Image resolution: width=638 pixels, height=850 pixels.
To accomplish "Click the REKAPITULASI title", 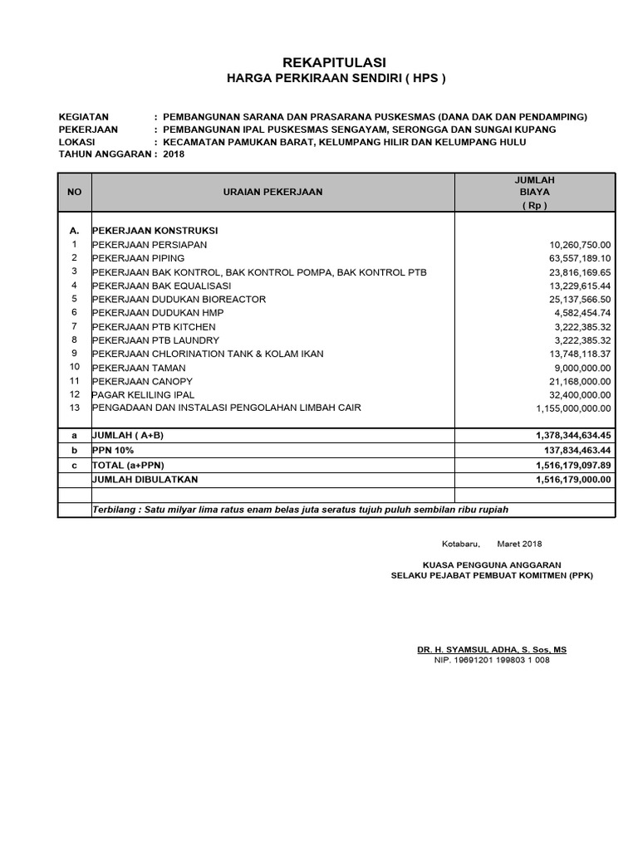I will click(335, 62).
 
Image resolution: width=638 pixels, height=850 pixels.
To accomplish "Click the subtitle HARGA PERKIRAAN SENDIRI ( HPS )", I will click(336, 79).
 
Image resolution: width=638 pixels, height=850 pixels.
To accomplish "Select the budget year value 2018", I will click(174, 154).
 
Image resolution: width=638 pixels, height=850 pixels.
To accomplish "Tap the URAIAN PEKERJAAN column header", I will click(272, 192).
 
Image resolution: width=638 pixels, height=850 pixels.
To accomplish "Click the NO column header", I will click(74, 192).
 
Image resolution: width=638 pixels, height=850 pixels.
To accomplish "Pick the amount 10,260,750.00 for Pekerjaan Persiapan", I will click(580, 245).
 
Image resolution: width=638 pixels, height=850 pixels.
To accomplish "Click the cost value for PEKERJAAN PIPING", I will click(580, 258).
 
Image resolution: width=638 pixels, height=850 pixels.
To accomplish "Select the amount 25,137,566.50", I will click(580, 299).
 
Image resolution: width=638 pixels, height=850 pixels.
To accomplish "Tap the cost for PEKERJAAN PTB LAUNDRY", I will click(582, 340).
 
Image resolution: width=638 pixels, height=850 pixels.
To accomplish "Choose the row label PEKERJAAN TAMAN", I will click(139, 368).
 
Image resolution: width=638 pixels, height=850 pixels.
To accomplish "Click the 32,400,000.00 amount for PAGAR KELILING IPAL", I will click(580, 395).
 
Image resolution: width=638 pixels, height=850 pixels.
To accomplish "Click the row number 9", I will click(74, 353).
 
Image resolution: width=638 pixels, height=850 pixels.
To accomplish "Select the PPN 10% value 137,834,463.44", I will click(573, 450).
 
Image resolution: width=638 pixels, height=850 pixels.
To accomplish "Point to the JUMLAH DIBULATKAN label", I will click(145, 479).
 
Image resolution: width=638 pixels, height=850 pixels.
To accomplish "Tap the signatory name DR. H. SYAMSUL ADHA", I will click(492, 649).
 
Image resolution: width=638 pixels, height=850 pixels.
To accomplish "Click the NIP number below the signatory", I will click(492, 661).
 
